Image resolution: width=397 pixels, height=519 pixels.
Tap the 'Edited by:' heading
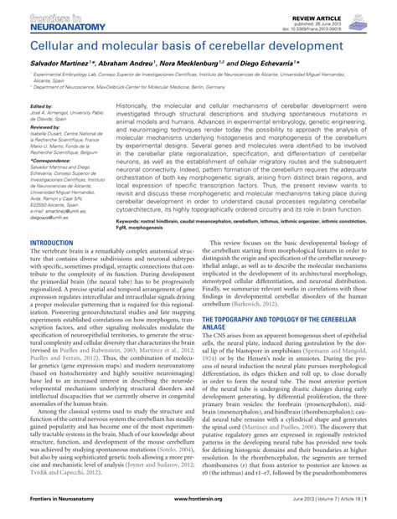[x=40, y=107]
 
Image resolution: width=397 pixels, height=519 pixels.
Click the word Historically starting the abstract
[x=137, y=106]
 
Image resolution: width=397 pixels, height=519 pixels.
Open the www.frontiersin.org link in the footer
[x=198, y=511]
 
